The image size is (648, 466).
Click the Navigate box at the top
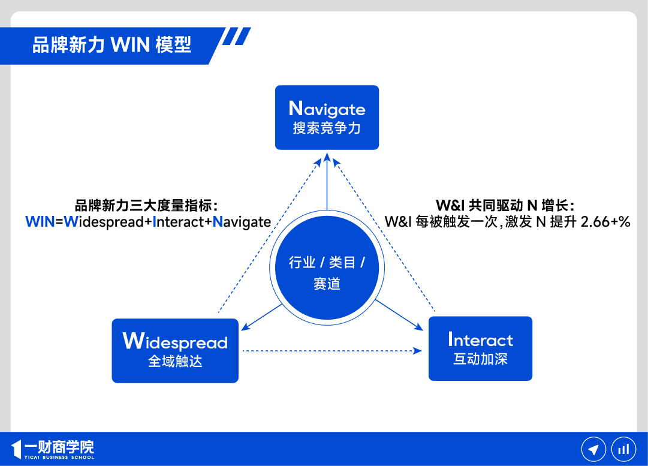(x=327, y=117)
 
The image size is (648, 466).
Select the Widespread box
(x=175, y=350)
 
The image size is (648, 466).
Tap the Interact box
(x=480, y=348)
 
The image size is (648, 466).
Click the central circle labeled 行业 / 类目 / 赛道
(x=327, y=273)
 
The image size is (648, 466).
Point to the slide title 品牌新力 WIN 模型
(x=112, y=44)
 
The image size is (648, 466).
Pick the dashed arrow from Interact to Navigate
(x=384, y=234)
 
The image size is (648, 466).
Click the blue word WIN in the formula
(x=40, y=222)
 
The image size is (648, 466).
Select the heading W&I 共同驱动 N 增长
(x=505, y=205)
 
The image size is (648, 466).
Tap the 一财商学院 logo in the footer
(x=53, y=449)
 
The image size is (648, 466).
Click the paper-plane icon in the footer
(x=593, y=449)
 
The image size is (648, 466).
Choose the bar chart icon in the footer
(x=623, y=449)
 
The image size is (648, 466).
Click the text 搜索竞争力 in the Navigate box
(x=327, y=128)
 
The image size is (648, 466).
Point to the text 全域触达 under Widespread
(x=175, y=362)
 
